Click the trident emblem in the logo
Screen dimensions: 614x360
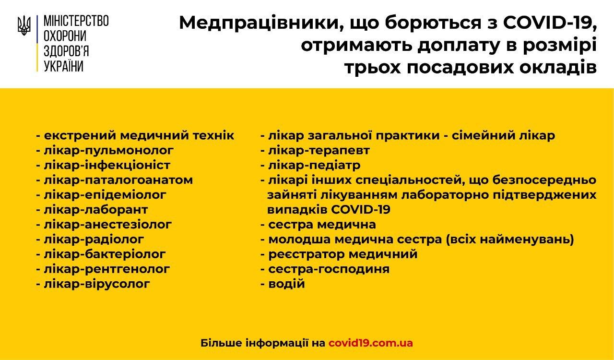tap(24, 25)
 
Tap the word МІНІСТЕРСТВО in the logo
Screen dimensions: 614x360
tap(76, 21)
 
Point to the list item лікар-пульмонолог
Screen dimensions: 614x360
tap(108, 151)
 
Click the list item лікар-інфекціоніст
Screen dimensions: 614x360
tap(107, 165)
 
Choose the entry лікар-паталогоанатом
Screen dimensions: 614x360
tap(118, 180)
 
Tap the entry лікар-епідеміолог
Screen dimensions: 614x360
tap(105, 195)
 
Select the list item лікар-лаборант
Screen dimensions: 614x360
tap(95, 210)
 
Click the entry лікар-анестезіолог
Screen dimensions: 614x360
tap(108, 225)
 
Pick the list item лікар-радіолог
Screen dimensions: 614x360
tap(94, 239)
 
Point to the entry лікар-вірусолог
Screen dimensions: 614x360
tap(97, 284)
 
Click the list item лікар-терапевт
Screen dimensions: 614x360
tap(319, 151)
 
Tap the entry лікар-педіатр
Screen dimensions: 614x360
tap(314, 165)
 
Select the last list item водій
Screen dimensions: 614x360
tap(286, 284)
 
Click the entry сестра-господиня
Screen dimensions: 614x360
tap(329, 269)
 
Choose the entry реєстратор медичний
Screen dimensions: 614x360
tap(342, 254)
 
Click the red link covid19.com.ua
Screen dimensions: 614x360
tap(371, 343)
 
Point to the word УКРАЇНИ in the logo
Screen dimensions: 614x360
tap(64, 66)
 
